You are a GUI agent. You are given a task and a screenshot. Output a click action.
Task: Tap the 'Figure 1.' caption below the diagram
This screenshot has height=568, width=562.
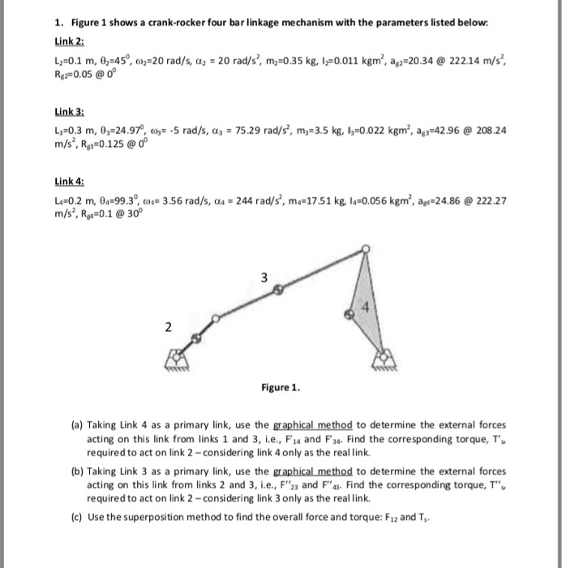282,387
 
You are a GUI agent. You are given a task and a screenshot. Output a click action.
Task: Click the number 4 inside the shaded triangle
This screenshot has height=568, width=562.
364,308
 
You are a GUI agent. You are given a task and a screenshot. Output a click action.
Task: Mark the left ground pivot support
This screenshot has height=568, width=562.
178,359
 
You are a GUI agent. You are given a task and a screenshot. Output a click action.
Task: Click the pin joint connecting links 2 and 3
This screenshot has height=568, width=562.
214,318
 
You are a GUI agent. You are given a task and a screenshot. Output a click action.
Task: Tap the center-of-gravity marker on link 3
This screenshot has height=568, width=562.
277,288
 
